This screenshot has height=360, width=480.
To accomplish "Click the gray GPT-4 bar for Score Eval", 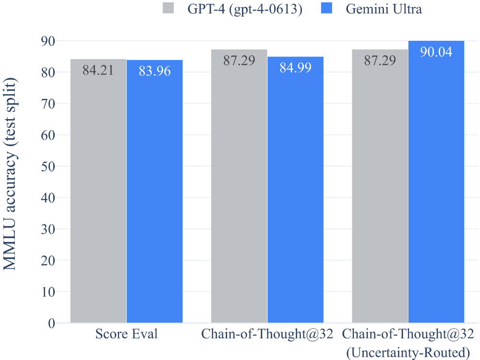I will click(98, 192).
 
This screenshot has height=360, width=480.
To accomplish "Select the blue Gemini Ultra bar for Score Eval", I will click(155, 192).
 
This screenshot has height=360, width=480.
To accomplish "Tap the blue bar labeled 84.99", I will click(295, 192).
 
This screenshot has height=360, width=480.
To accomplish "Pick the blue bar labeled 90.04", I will click(436, 192).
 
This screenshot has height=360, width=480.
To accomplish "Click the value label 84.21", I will click(98, 70).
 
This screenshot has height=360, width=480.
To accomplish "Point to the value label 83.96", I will click(155, 71).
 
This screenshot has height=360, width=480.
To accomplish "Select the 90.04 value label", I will click(436, 52).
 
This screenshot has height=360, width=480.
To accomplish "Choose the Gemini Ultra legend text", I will click(384, 9).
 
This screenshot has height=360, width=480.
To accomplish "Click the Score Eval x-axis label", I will click(126, 334).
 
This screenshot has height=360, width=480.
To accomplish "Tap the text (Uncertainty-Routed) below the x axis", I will click(408, 353).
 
